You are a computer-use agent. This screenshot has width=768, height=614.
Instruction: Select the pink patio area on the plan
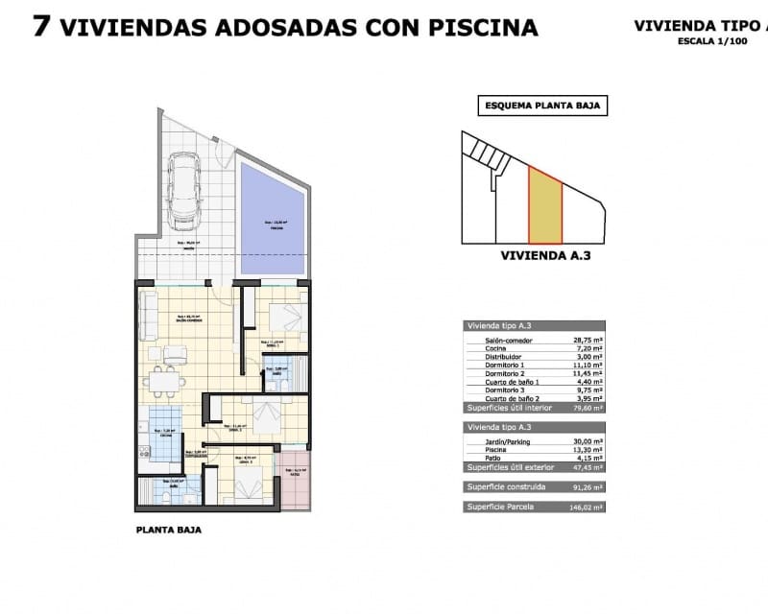coord(294,485)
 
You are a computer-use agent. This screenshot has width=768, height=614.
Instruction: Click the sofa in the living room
coord(149,317)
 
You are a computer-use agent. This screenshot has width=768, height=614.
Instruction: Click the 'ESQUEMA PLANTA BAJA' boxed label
coord(542,106)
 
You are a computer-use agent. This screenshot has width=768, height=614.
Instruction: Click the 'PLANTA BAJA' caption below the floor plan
coord(169,529)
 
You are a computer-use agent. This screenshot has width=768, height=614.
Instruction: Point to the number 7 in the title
coord(41,26)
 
